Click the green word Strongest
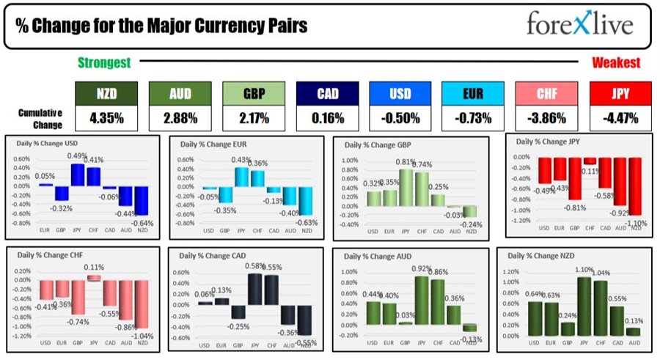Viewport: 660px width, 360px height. [104, 63]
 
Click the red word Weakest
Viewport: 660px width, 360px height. [616, 63]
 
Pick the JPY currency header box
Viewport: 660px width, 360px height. [620, 93]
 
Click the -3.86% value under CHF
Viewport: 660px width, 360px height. [547, 117]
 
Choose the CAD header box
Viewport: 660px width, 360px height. [327, 93]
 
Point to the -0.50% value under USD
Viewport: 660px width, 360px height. [400, 117]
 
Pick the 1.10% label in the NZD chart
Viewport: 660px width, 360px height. [584, 270]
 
